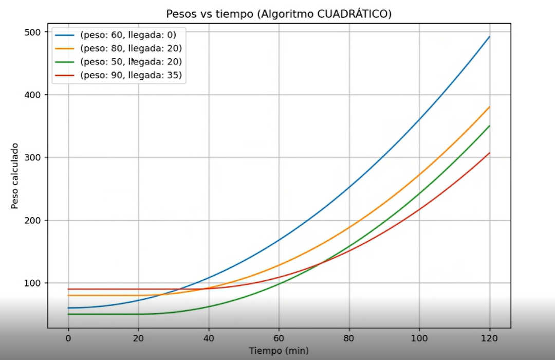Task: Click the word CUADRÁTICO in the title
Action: tap(355, 13)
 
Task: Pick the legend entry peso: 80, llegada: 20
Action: tap(131, 49)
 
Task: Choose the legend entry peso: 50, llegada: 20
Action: tap(131, 62)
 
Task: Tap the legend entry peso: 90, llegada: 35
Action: tap(131, 76)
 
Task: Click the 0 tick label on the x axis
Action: tap(68, 338)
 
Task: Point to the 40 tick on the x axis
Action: tap(209, 338)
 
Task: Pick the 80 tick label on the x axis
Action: tap(349, 338)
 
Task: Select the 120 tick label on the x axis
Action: tap(489, 338)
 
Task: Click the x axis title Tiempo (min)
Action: tap(279, 351)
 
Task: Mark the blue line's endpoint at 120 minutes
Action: tap(489, 37)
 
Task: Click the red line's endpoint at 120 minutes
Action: tap(489, 153)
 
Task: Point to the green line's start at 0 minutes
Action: tap(68, 314)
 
